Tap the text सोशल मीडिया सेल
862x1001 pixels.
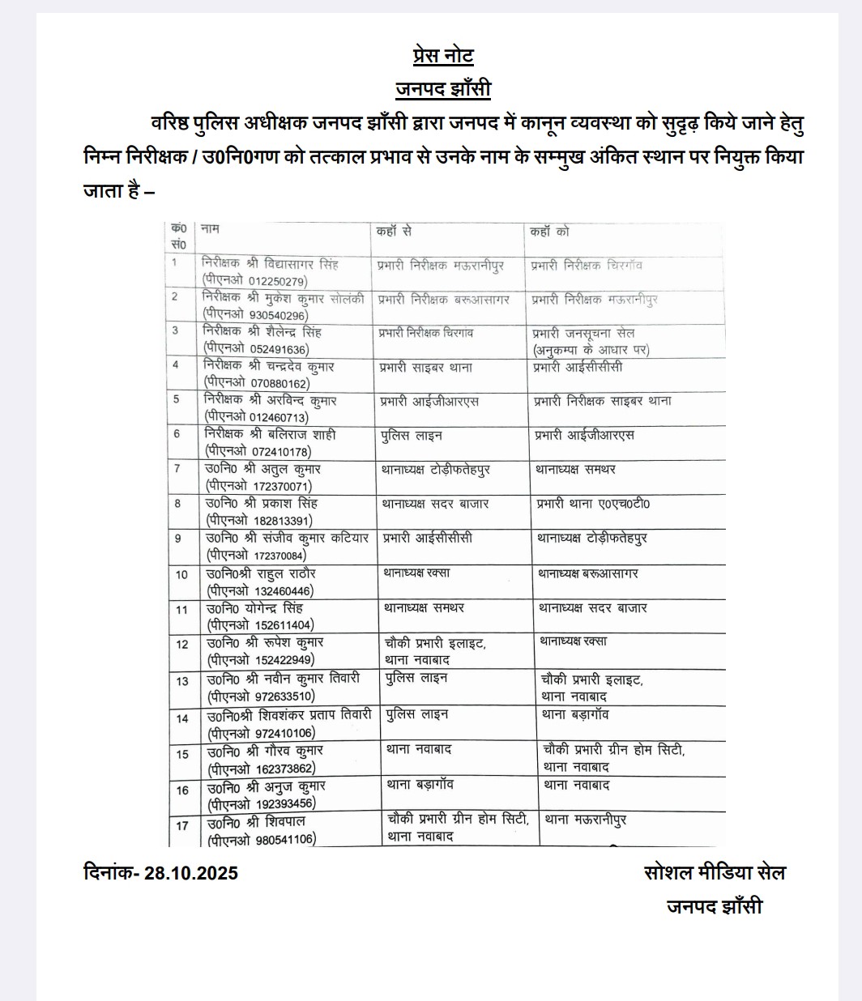tap(714, 872)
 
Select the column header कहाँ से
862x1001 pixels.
tap(395, 232)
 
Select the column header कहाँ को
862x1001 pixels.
tap(551, 232)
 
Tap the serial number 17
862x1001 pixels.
tap(182, 825)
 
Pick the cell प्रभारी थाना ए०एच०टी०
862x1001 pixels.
tap(592, 505)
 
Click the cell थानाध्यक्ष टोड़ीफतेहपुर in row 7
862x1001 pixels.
tap(437, 470)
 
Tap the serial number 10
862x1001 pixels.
tap(182, 575)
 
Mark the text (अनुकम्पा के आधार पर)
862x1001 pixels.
tap(591, 350)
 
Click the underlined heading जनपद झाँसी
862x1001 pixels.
tap(442, 88)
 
